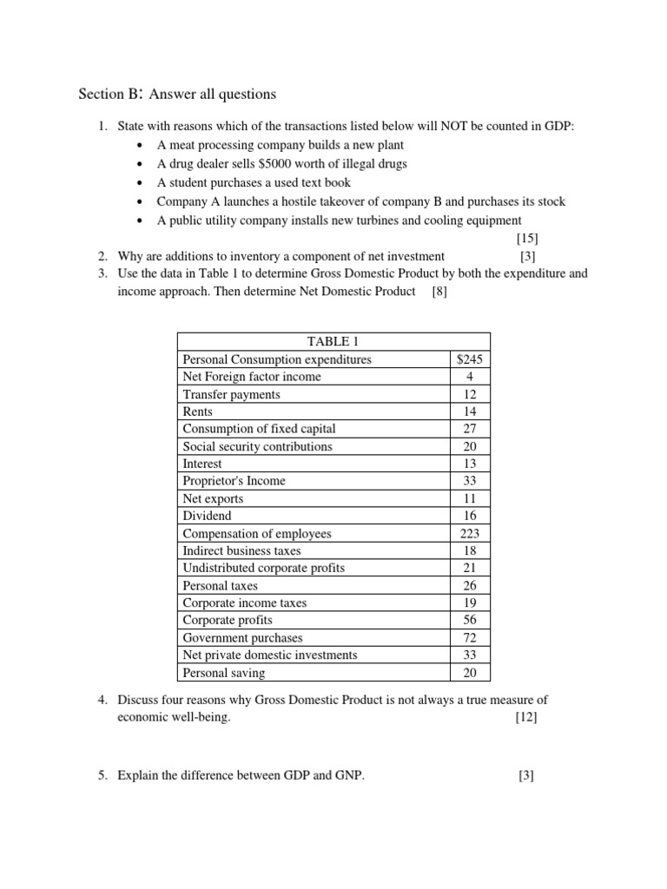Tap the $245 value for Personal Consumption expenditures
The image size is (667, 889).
click(470, 359)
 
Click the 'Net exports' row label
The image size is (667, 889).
click(213, 498)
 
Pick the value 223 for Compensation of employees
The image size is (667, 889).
click(470, 533)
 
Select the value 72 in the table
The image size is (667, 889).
click(470, 637)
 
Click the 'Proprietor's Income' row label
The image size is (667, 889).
click(234, 481)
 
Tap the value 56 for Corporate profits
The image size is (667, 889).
click(470, 620)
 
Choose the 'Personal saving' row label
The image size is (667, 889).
click(224, 673)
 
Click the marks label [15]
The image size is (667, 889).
click(526, 238)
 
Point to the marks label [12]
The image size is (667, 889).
click(525, 717)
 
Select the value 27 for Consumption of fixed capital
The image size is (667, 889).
click(470, 429)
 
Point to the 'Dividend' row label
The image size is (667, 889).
click(207, 516)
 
